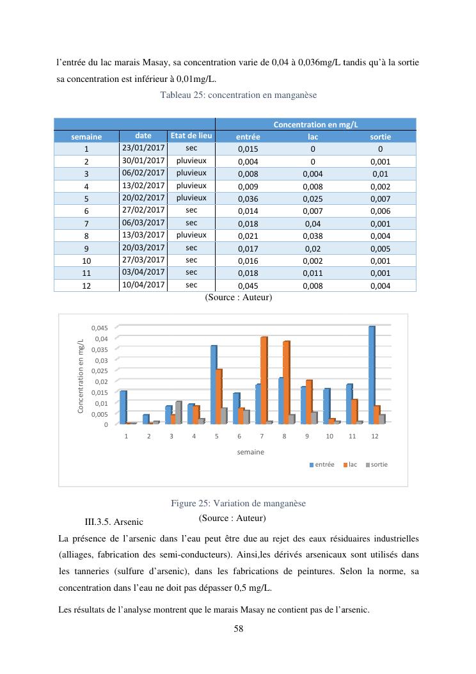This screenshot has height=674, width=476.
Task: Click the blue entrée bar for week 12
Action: [372, 374]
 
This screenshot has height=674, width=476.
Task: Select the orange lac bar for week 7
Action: [264, 380]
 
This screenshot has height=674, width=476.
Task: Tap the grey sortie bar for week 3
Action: [179, 412]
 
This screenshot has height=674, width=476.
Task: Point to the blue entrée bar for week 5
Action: [214, 384]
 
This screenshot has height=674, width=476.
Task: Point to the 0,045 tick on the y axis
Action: [100, 328]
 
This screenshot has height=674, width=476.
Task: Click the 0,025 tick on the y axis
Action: [100, 371]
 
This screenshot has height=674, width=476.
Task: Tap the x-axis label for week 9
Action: [306, 436]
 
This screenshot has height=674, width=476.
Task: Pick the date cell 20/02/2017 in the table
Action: [143, 198]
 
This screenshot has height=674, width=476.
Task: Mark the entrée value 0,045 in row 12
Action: [248, 286]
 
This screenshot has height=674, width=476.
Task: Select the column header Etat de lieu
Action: [191, 136]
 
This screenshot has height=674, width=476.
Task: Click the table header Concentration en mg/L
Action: [315, 124]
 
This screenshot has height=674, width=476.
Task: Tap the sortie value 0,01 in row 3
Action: [380, 173]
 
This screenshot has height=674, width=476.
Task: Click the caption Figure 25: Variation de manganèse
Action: [238, 503]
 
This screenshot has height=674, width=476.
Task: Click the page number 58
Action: [238, 629]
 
